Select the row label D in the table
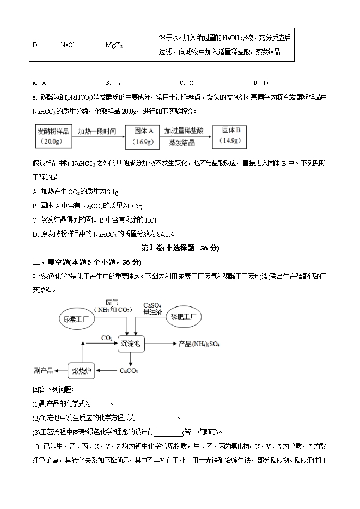click(35, 45)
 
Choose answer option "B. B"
click(113, 83)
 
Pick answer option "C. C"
click(187, 83)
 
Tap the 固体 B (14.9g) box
click(231, 135)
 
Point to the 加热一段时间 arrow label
click(97, 131)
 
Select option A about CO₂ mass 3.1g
click(76, 192)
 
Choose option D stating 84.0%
click(103, 234)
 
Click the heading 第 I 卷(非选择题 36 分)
click(180, 248)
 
